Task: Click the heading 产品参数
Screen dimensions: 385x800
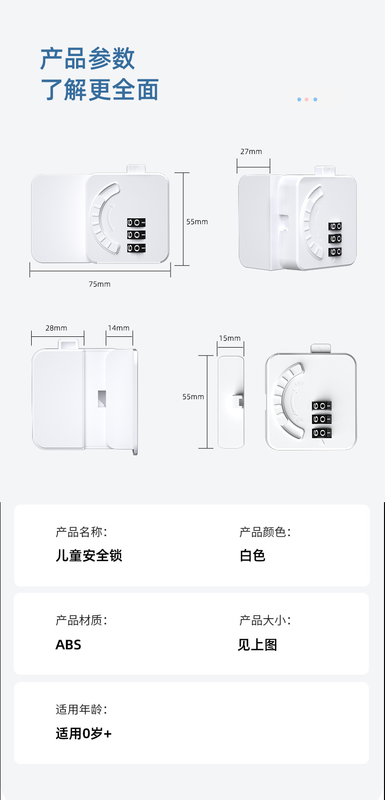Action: pyautogui.click(x=87, y=59)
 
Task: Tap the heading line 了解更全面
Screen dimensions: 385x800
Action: pyautogui.click(x=99, y=90)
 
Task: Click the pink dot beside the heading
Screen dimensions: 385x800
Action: pyautogui.click(x=307, y=99)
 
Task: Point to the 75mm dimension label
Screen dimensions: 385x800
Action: pyautogui.click(x=99, y=284)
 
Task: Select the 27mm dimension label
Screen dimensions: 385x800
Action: pyautogui.click(x=251, y=152)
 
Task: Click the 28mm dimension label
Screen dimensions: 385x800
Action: pyautogui.click(x=56, y=328)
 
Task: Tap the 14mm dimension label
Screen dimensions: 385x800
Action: pyautogui.click(x=118, y=328)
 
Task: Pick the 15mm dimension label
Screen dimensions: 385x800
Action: pyautogui.click(x=230, y=338)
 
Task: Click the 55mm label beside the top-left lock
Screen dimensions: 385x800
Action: pyautogui.click(x=197, y=222)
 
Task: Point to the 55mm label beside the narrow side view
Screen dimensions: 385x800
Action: pyautogui.click(x=193, y=397)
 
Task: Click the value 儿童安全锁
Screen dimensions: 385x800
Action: pyautogui.click(x=89, y=556)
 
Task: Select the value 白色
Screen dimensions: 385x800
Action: pyautogui.click(x=252, y=556)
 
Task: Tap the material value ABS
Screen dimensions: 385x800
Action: pyautogui.click(x=68, y=645)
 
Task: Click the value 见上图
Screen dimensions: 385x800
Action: pyautogui.click(x=257, y=645)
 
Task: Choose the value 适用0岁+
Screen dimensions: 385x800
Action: pyautogui.click(x=84, y=734)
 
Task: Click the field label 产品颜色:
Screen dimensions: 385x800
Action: pyautogui.click(x=265, y=532)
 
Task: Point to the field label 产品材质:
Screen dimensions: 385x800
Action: pyautogui.click(x=81, y=620)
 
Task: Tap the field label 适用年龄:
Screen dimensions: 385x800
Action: pyautogui.click(x=81, y=709)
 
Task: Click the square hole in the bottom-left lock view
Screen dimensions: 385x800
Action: pyautogui.click(x=102, y=398)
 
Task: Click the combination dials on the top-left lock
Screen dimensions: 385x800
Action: pyautogui.click(x=136, y=235)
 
